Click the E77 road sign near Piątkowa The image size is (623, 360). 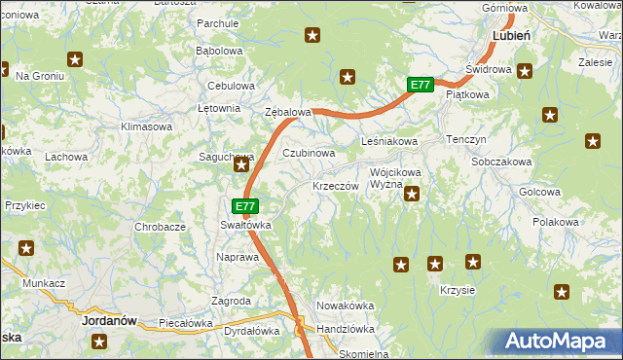[x=420, y=86]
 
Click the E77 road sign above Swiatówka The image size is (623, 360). [x=245, y=206]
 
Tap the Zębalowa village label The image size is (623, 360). [x=288, y=112]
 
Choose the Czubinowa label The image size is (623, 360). [x=309, y=153]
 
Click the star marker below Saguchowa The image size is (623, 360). [x=240, y=167]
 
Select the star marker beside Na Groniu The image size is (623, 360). [x=75, y=60]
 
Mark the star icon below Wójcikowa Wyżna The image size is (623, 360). [x=412, y=195]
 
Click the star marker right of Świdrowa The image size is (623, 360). [x=525, y=70]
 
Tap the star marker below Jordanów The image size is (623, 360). [x=99, y=341]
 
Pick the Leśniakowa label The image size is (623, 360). [x=389, y=141]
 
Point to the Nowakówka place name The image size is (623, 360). [x=345, y=306]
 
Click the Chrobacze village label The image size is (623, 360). [x=160, y=227]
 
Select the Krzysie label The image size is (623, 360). [x=457, y=291]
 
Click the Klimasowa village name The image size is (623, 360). [x=146, y=126]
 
